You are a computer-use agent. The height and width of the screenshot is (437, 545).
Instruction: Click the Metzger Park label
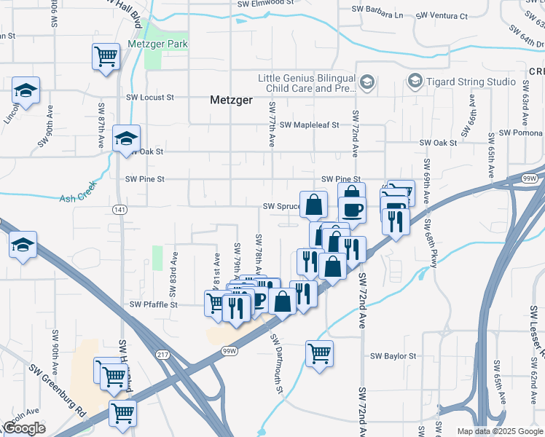point(157,44)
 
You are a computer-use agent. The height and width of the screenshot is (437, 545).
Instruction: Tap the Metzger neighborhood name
point(230,99)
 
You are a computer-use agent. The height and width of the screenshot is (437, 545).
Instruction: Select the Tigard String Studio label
point(460,80)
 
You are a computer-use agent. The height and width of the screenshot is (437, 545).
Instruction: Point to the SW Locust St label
point(150,97)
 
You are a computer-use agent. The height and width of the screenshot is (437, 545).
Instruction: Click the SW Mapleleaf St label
point(310,125)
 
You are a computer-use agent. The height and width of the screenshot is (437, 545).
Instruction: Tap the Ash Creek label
point(77,197)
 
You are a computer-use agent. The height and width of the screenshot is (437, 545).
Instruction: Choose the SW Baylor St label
point(393,356)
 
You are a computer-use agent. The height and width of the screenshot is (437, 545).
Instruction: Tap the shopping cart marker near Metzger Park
point(106,56)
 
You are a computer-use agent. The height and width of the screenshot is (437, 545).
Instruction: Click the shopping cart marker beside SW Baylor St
point(319,354)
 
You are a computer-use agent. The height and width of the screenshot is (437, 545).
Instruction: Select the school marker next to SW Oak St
point(126,138)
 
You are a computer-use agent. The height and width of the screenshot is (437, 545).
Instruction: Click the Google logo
point(24,428)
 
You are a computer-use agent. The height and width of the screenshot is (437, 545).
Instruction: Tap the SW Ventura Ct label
point(442,15)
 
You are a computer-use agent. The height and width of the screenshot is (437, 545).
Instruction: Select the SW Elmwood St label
point(265,3)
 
